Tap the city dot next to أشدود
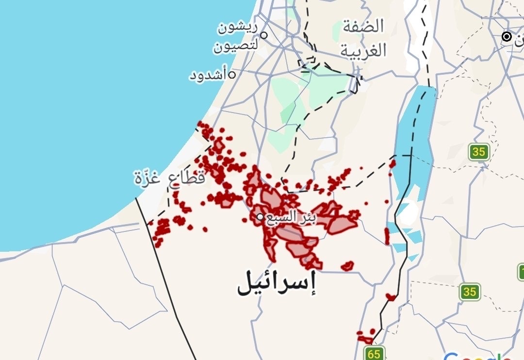pos(232,75)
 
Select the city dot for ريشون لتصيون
pos(264,35)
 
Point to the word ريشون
pos(238,28)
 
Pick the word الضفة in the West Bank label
pos(363,27)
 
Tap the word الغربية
pos(363,50)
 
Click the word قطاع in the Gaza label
pos(186,178)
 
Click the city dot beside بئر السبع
pos(261,216)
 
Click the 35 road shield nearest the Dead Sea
pos(478,152)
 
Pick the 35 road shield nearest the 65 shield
pos(469,292)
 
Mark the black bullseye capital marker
pos(507,36)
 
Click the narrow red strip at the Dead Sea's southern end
pos(387,236)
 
